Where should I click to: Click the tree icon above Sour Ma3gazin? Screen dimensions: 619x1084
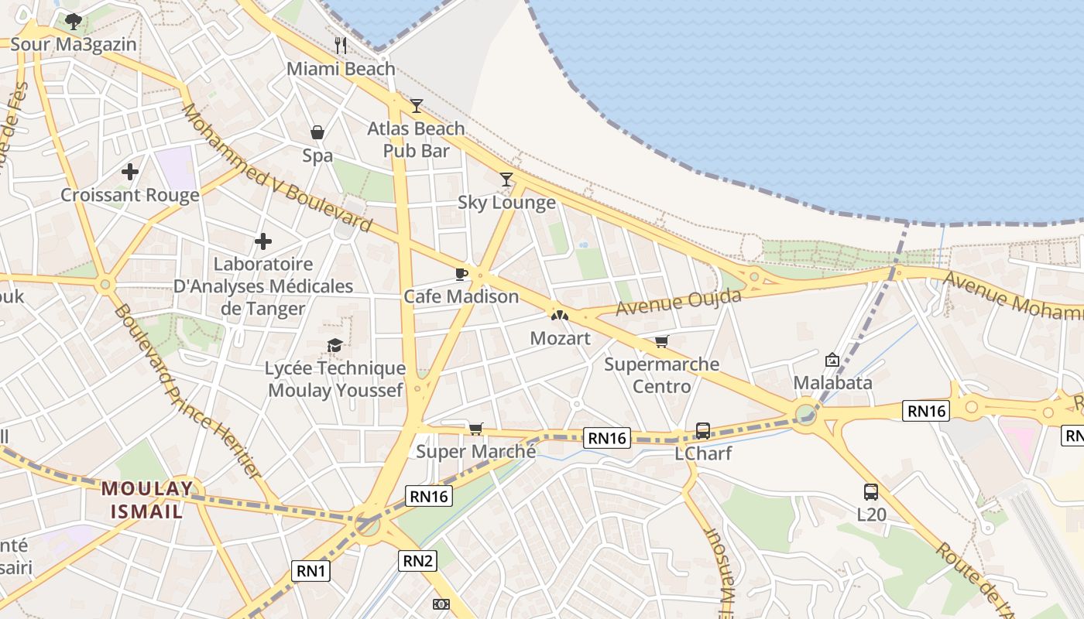click(74, 21)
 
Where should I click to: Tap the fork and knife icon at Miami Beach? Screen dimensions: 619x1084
click(341, 45)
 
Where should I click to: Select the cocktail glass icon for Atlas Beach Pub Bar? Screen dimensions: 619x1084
click(417, 105)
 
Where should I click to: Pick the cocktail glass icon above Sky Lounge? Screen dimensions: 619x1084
click(506, 180)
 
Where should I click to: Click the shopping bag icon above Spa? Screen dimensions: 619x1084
click(317, 132)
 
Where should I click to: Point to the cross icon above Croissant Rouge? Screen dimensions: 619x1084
click(130, 171)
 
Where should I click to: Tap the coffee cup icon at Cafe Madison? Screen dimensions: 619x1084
click(461, 274)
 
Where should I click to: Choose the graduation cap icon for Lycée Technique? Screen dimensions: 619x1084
click(334, 345)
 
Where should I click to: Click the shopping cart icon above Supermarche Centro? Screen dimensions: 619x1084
click(661, 341)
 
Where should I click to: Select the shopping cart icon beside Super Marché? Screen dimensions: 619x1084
click(475, 429)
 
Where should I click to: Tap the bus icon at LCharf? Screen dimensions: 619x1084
click(703, 430)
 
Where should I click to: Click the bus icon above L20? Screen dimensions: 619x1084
click(871, 491)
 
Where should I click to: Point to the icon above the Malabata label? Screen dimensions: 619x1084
click(832, 360)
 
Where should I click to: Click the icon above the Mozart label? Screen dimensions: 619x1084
click(560, 316)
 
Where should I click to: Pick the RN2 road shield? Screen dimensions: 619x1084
click(417, 560)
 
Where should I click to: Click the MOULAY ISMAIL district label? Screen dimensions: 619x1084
click(147, 500)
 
